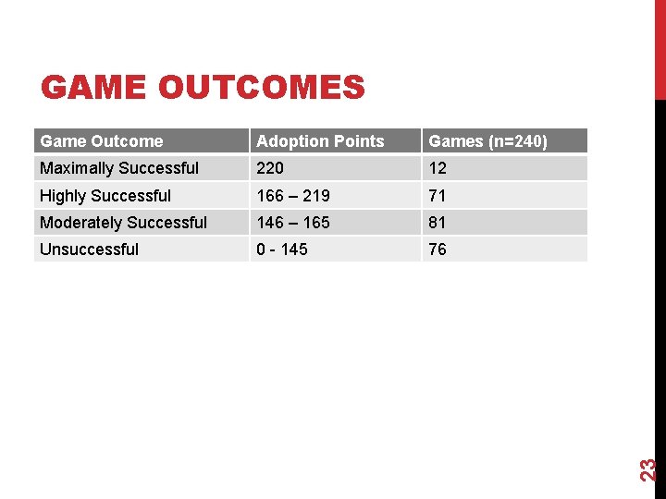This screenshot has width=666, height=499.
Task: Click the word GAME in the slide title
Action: click(93, 88)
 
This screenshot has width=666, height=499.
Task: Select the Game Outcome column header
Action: click(102, 141)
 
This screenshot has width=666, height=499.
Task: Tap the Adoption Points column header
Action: click(320, 141)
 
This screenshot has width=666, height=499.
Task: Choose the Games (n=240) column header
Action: click(488, 141)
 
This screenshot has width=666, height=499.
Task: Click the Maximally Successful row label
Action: click(119, 168)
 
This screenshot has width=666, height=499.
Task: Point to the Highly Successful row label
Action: click(105, 196)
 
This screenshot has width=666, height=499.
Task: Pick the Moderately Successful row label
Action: click(124, 223)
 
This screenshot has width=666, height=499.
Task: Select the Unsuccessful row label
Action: click(90, 249)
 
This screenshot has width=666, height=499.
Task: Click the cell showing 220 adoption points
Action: click(270, 168)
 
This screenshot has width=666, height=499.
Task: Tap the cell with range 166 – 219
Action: click(292, 196)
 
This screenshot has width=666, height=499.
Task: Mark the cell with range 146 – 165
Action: click(292, 223)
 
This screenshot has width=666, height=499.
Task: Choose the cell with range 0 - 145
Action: click(282, 249)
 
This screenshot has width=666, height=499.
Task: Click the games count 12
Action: click(438, 168)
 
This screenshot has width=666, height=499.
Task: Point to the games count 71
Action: click(438, 196)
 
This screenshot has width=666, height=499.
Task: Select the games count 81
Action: click(438, 223)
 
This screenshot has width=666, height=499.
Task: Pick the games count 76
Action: click(438, 249)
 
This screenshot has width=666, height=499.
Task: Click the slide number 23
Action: click(649, 469)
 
